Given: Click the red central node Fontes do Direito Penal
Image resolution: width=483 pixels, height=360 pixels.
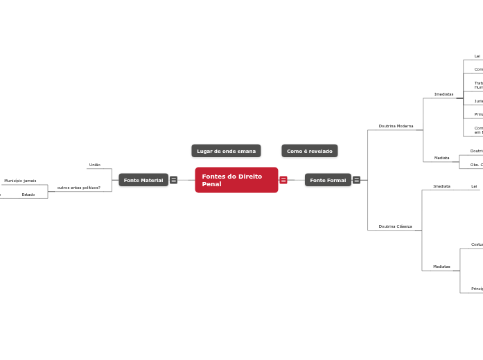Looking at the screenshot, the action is pos(236,180).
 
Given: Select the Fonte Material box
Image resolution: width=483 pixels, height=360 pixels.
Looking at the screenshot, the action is pos(143,180).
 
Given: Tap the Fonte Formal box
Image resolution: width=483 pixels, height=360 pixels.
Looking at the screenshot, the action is pos(328,180).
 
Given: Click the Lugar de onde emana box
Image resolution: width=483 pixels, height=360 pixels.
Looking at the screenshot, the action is pos(226,151).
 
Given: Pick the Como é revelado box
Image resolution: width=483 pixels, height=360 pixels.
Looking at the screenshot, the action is pos(310,151).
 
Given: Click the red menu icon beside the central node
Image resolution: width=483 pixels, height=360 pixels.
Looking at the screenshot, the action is pos(283,180).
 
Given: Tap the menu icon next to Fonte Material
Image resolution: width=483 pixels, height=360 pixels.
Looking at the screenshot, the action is pos(173,180).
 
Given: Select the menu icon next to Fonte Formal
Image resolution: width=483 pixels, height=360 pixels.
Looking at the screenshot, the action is pos(356,180).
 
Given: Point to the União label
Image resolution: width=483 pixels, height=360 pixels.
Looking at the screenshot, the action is pos(95,165).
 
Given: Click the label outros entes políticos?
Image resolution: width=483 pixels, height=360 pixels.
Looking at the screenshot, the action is pos(79,188).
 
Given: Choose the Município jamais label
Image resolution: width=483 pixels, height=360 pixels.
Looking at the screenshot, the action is pos(20,181).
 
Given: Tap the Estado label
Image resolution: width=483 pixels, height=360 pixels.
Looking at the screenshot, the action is pos(28,195).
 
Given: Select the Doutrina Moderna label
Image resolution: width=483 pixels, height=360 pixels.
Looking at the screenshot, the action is pos(396,126).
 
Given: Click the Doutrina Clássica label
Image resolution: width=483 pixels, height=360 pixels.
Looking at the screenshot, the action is pos(395,226).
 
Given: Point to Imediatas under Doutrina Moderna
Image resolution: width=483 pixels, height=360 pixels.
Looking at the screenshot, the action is pos(444,94).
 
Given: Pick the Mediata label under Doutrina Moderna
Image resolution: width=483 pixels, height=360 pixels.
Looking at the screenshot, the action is pos(441,158).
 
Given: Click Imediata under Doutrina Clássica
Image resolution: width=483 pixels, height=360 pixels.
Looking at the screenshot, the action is pos(441,186).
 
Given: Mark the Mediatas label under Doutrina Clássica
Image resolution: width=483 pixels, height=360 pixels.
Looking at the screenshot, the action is pos(441,267).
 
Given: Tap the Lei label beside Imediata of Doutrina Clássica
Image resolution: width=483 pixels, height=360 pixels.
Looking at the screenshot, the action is pos(474,186).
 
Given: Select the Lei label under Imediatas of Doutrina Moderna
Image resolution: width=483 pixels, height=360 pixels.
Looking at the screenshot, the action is pos(477,56).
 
